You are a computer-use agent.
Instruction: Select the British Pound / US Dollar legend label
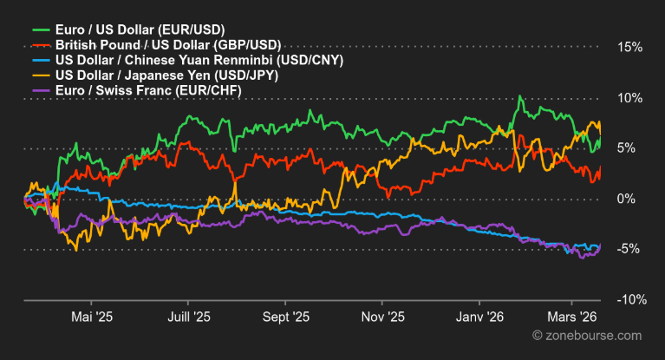[166, 45]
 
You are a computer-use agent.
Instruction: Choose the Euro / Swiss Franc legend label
[147, 90]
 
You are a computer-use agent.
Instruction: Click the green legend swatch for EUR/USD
[40, 29]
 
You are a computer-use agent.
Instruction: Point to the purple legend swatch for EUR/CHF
[40, 90]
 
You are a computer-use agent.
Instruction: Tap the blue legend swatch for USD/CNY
[40, 61]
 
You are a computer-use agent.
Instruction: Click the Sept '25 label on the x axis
[285, 318]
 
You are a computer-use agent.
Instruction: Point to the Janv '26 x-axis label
[479, 318]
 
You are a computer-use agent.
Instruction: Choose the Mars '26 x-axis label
[575, 318]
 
